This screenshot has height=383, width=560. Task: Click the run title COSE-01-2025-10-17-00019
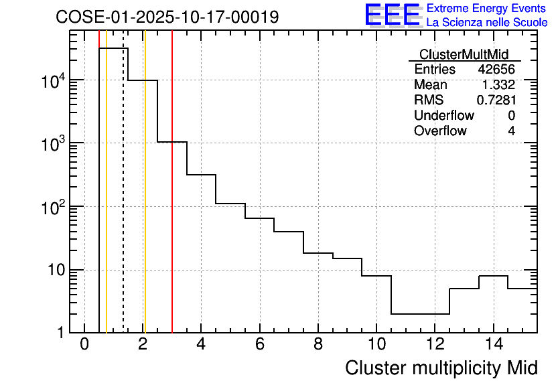pos(167,17)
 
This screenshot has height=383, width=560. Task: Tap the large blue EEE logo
pos(392,15)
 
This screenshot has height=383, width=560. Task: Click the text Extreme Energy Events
pos(487,9)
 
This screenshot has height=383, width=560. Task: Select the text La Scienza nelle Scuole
pos(487,23)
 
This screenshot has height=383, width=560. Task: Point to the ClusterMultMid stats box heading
pos(464,54)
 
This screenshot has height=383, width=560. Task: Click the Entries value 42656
pos(496,70)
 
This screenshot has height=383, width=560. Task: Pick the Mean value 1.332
pos(498,85)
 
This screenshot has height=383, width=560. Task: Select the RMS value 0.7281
pos(496,100)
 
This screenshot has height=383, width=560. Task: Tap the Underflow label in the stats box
pos(443,116)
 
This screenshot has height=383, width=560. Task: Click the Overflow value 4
pos(511,131)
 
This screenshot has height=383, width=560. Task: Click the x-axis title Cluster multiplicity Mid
pos(441,368)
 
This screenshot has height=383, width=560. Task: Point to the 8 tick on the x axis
pos(318,345)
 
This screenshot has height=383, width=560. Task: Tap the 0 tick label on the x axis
pos(84,345)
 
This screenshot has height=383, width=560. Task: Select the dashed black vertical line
pos(123,201)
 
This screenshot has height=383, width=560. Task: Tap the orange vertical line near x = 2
pos(145,201)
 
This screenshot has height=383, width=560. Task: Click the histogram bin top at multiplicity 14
pos(494,276)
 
